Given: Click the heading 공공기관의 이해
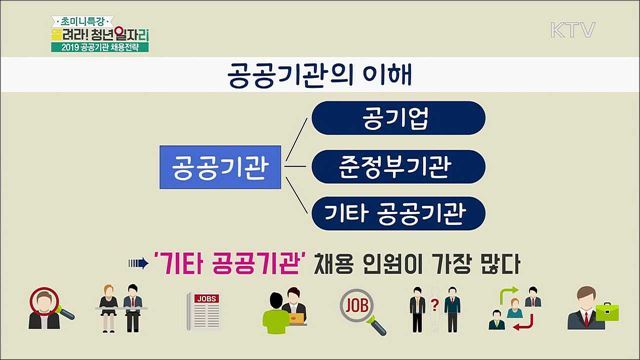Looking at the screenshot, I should pyautogui.click(x=320, y=75).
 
